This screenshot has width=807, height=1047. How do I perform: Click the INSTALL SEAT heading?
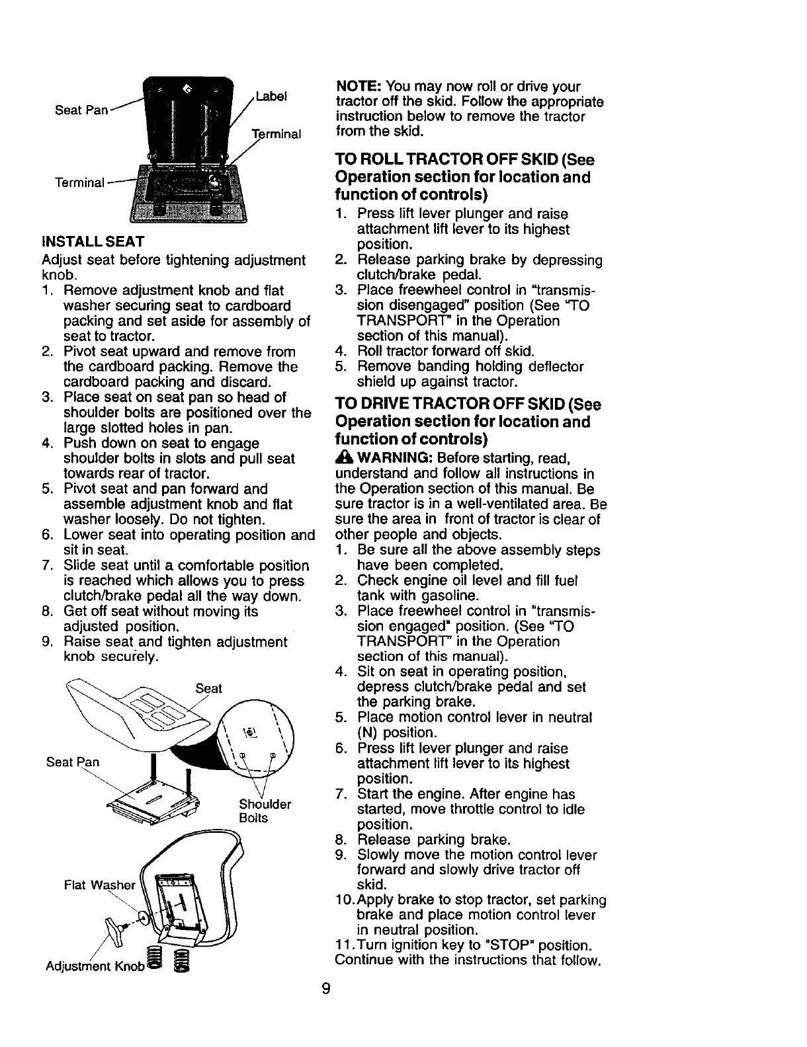coord(93,240)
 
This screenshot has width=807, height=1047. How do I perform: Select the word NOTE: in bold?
coord(357,87)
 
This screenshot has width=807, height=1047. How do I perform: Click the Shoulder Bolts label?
coord(264,811)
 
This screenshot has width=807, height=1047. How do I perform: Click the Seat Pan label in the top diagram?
coord(81,110)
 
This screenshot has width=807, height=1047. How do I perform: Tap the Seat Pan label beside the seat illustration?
coord(73,762)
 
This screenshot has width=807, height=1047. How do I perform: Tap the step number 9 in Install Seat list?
coord(46,642)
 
